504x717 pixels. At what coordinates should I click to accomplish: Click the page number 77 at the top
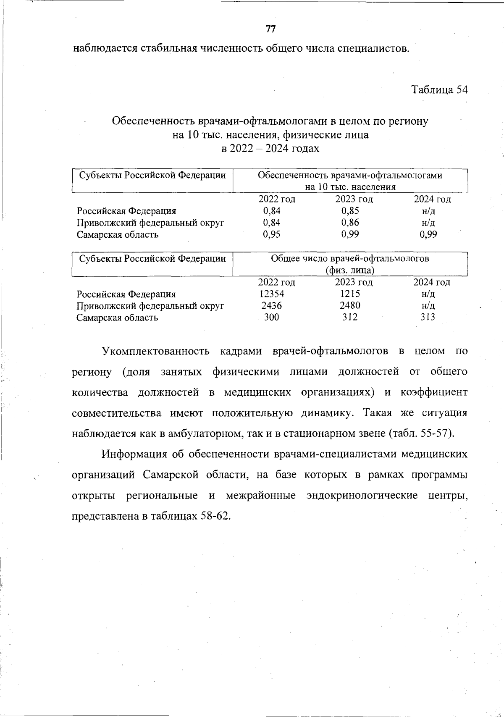coord(270,29)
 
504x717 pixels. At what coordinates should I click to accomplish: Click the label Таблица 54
coord(439,90)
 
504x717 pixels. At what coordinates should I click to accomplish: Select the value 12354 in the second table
coord(272,294)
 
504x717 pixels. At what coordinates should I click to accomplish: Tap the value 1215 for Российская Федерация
coord(350,294)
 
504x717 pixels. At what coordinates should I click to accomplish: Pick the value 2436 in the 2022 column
coord(272,306)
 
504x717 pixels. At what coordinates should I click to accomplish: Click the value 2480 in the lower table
coord(350,305)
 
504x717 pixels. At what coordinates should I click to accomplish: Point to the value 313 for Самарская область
coord(428,317)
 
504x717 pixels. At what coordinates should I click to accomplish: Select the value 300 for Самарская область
coord(271,317)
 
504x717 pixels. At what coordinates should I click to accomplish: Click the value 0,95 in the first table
coord(272,234)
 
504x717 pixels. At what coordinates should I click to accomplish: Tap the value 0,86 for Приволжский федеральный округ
coord(350,223)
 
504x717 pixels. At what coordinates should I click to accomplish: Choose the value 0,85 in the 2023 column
coord(350,211)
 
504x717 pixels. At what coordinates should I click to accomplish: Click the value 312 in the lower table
coord(350,317)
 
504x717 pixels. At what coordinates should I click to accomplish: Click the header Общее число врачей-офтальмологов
coord(350,258)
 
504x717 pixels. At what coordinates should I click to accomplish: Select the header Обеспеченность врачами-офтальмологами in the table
coord(350,176)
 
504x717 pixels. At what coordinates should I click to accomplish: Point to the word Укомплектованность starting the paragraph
coord(155,351)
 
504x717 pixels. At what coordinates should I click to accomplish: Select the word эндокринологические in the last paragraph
coord(362,495)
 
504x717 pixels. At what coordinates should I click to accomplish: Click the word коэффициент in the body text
coord(433,392)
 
